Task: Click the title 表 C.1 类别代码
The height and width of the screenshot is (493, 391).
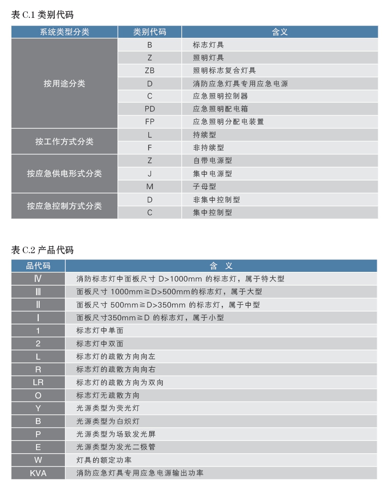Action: click(42, 15)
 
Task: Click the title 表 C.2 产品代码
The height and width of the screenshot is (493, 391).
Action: click(42, 250)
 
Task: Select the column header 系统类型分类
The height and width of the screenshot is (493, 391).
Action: click(64, 32)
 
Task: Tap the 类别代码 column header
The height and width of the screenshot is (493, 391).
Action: click(149, 32)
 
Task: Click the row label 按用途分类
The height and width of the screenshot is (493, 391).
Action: click(64, 84)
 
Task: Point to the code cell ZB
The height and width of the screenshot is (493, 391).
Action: click(149, 71)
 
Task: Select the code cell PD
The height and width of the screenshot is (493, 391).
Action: click(149, 109)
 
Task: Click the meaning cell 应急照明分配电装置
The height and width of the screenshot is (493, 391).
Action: click(228, 122)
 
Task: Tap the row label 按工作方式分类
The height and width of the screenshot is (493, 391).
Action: click(64, 142)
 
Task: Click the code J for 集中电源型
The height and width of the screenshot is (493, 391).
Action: click(149, 174)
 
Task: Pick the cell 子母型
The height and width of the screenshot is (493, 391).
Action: click(204, 187)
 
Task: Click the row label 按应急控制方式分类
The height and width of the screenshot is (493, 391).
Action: click(64, 206)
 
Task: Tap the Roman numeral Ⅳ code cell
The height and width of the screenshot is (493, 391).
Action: click(38, 279)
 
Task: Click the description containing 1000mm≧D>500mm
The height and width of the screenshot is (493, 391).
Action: click(169, 292)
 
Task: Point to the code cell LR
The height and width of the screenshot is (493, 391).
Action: click(38, 382)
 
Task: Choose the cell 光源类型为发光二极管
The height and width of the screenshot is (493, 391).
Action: click(116, 447)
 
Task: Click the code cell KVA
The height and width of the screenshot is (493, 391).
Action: click(38, 473)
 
